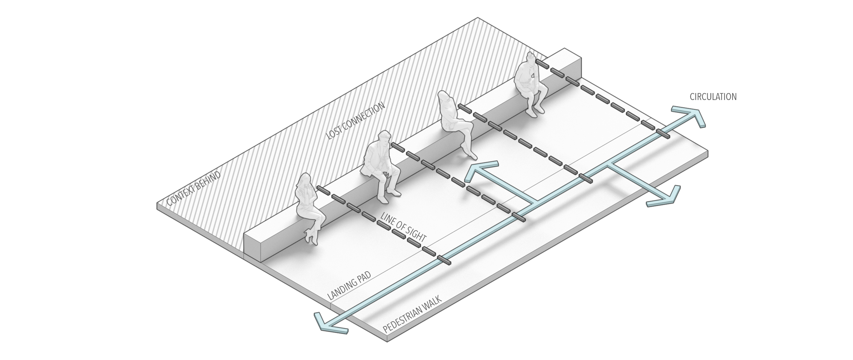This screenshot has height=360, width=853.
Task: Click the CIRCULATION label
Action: (x=712, y=97)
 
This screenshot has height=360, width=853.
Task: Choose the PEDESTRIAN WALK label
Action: (x=413, y=313)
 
